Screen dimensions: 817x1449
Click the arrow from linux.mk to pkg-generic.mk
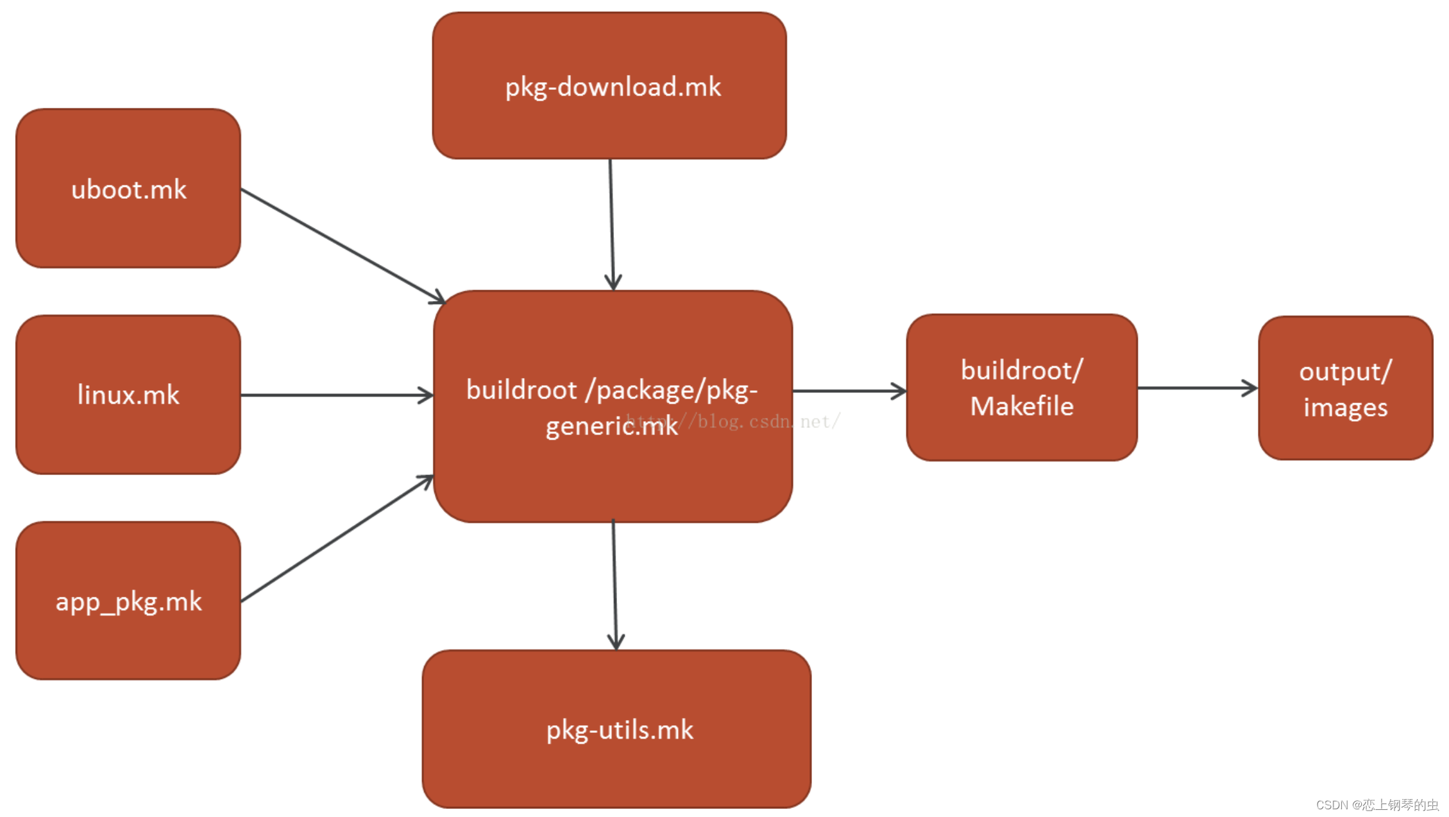coord(337,395)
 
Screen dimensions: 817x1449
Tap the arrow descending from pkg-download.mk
coord(611,225)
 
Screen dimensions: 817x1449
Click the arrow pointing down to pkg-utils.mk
coord(614,584)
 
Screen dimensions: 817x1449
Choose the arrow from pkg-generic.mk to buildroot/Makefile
coord(849,390)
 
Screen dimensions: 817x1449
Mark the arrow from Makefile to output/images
coord(1197,388)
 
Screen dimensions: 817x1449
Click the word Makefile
coord(1022,406)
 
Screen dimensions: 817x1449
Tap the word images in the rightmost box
coord(1345,408)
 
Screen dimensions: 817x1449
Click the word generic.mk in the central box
coord(611,426)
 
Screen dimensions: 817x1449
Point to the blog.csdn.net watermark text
coord(763,422)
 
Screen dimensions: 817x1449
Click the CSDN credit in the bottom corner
coord(1377,805)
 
